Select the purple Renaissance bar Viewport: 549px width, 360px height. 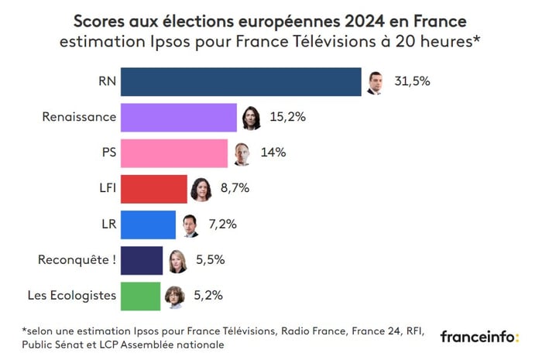179,117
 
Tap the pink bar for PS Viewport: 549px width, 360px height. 174,153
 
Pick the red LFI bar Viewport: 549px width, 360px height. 154,188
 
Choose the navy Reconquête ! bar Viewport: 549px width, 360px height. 142,260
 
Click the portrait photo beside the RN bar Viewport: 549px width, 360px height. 375,82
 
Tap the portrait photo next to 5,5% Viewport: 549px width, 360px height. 177,262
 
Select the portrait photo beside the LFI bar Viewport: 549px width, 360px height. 201,189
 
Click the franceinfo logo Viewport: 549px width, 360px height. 479,337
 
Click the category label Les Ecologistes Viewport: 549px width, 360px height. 71,296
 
